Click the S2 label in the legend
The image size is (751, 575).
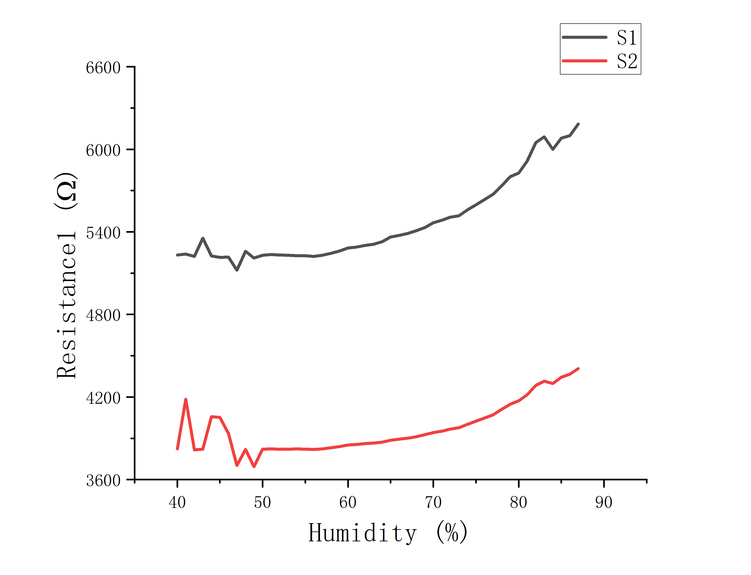pos(627,62)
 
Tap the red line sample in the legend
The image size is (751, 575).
pos(584,61)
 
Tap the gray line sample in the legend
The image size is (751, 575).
pos(584,37)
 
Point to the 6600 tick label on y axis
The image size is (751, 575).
pos(103,68)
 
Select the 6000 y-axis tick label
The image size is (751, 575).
pos(103,150)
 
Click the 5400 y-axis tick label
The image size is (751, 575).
pos(103,233)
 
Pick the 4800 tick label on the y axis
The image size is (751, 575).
pos(103,315)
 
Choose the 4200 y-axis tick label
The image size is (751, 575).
pos(103,398)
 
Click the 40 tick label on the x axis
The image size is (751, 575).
pos(177,502)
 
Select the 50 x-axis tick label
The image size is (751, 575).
pos(262,502)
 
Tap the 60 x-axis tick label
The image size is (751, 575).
pos(348,502)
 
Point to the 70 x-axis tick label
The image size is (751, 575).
pos(433,502)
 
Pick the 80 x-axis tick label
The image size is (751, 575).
pos(518,502)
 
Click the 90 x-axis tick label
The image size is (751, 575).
pos(604,502)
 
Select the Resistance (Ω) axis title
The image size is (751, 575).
pos(66,275)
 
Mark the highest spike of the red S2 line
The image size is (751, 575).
pos(186,400)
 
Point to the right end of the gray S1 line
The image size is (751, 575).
pos(578,124)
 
